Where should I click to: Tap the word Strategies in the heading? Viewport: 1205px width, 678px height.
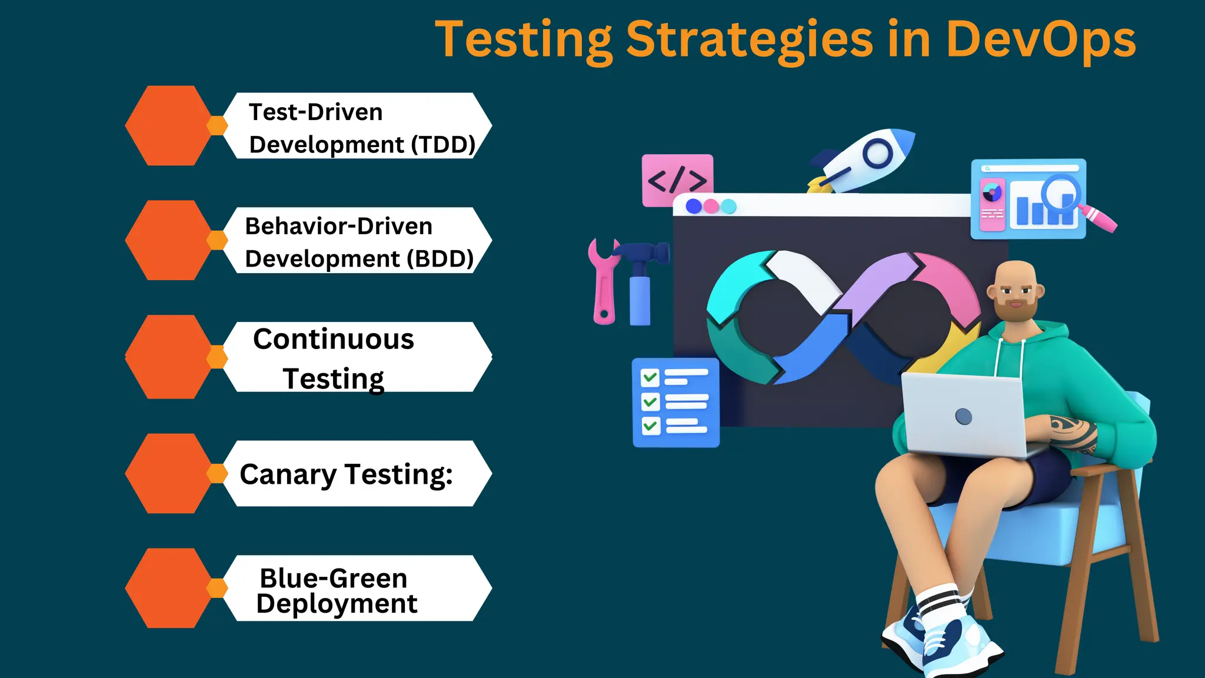point(748,40)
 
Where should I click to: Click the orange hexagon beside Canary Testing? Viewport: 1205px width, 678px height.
point(168,474)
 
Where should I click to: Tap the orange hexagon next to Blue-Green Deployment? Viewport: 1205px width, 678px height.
point(168,589)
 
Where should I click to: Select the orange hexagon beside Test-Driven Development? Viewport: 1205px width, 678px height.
point(168,126)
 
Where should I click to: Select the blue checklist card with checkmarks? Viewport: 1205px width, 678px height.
point(675,403)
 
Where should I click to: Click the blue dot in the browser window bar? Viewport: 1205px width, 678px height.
point(694,207)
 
